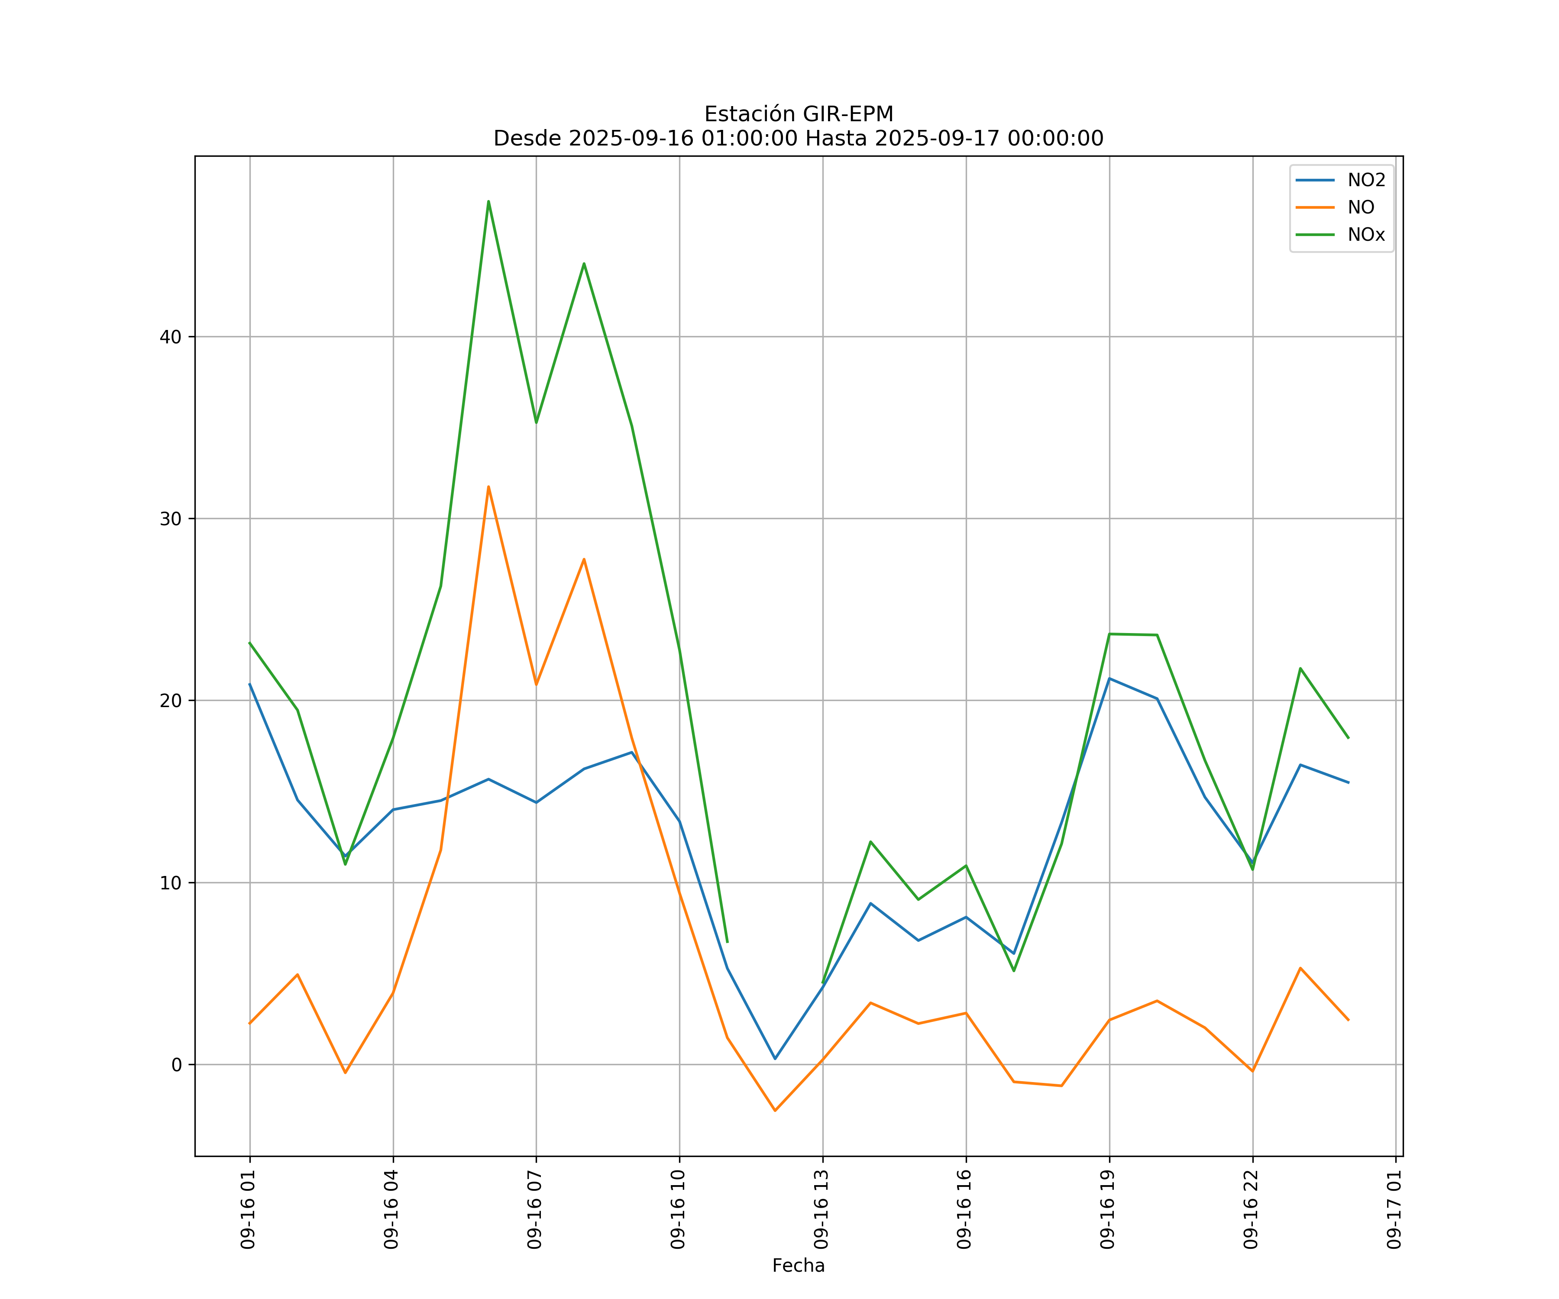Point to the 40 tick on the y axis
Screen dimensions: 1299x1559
[x=171, y=337]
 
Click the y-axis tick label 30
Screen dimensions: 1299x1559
[x=171, y=519]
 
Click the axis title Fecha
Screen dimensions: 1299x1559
[x=798, y=1266]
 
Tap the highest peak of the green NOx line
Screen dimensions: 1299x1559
[x=488, y=201]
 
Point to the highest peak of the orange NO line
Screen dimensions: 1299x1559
[x=488, y=487]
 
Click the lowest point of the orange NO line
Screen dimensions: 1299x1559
[x=775, y=1111]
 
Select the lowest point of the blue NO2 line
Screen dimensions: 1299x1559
[x=775, y=1059]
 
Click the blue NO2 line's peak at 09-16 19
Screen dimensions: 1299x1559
[x=1109, y=679]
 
